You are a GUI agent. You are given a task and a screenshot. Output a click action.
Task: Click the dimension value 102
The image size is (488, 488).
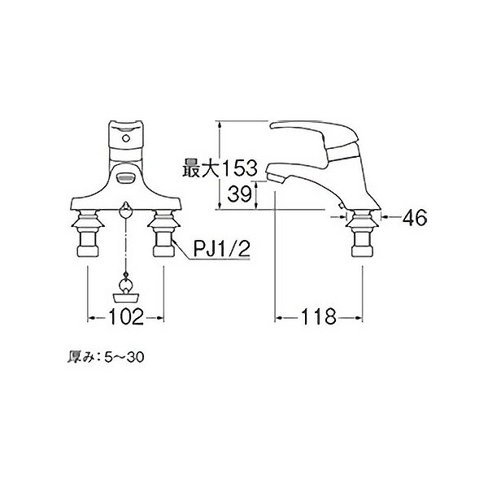click(x=126, y=315)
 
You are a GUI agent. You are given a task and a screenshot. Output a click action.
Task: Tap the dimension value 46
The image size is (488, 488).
click(x=415, y=217)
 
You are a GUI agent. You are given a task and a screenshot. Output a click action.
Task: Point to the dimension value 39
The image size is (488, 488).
click(x=238, y=194)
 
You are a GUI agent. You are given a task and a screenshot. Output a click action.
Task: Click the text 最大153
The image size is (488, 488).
click(x=218, y=168)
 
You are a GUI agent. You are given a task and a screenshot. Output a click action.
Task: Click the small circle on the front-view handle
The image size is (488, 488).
click(x=125, y=140)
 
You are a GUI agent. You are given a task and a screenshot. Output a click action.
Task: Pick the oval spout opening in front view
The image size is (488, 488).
click(x=125, y=177)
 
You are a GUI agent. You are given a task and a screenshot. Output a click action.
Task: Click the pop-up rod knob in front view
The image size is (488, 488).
click(x=126, y=211)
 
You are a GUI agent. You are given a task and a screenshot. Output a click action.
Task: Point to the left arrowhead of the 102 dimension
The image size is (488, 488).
click(x=89, y=315)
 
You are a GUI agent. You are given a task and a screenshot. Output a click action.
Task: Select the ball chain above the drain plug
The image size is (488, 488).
click(x=126, y=252)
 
